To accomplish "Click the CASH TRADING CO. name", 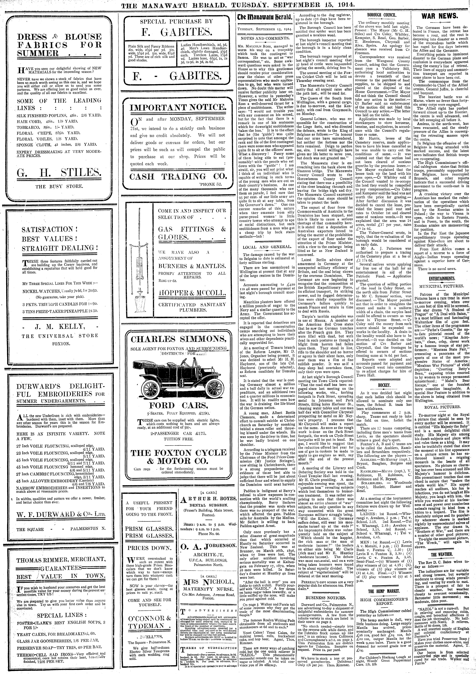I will [179, 176].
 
